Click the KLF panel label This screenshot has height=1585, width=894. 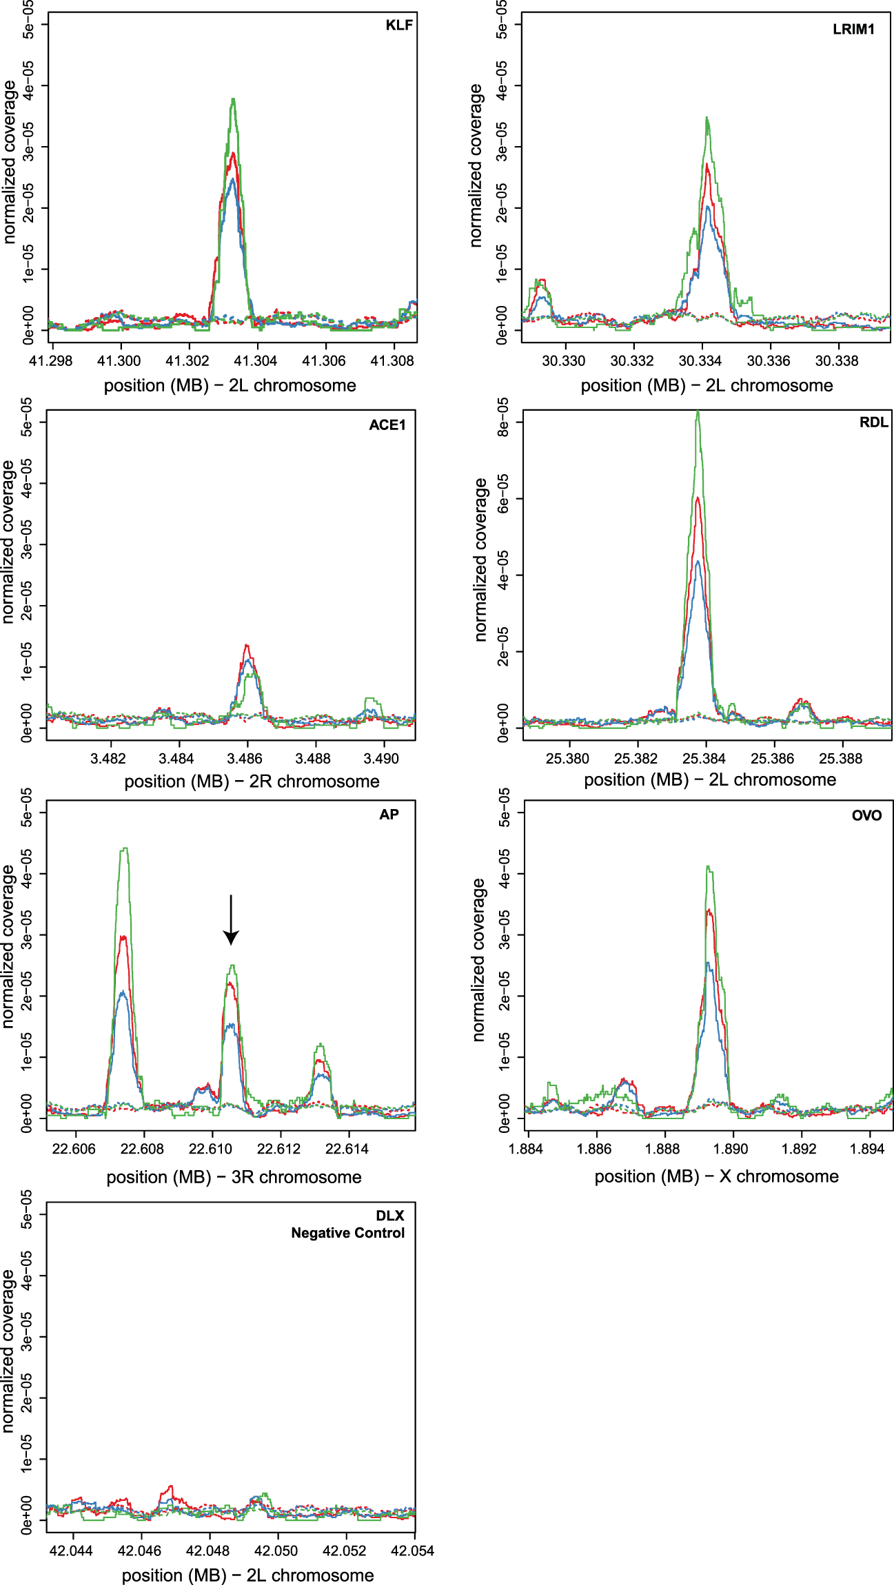coord(398,25)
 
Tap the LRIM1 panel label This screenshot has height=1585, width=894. coord(853,29)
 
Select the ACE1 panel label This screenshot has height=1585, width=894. coord(387,425)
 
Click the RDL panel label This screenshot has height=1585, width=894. coord(873,422)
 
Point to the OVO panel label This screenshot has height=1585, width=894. coord(866,816)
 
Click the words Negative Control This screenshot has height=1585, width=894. coord(347,1233)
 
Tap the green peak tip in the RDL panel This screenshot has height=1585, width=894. coord(698,412)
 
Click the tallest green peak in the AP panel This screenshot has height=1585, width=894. coord(124,849)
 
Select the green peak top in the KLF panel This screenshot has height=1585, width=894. coord(234,99)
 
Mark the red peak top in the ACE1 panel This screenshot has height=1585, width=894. coord(246,646)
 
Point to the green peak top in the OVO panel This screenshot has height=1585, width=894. coord(709,867)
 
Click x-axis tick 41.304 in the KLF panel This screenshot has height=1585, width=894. coord(255,360)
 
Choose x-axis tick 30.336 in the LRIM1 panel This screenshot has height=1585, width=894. coord(769,360)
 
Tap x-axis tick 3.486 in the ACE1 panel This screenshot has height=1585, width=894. coord(245,759)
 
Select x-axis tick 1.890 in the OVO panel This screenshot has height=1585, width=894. coord(731,1149)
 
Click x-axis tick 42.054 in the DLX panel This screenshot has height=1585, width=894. coord(412,1551)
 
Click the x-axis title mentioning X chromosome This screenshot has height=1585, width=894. coord(716,1176)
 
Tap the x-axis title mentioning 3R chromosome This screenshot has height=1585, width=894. coord(234,1177)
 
